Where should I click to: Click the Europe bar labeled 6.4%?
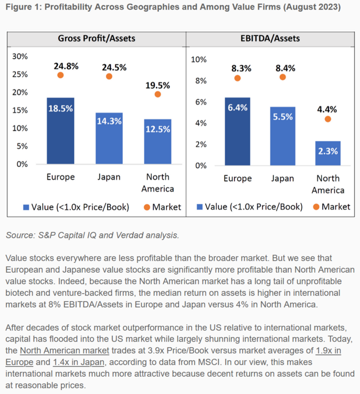pyautogui.click(x=238, y=131)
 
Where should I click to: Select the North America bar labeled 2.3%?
pyautogui.click(x=328, y=153)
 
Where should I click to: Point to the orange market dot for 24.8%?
pyautogui.click(x=60, y=75)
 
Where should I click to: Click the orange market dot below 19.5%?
pyautogui.click(x=157, y=94)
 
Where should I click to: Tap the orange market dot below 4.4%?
pyautogui.click(x=328, y=119)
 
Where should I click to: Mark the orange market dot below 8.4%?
pyautogui.click(x=282, y=77)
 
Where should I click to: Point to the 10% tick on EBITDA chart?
pyautogui.click(x=199, y=59)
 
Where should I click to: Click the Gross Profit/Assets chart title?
pyautogui.click(x=96, y=38)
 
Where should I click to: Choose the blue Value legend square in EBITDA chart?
pyautogui.click(x=199, y=207)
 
